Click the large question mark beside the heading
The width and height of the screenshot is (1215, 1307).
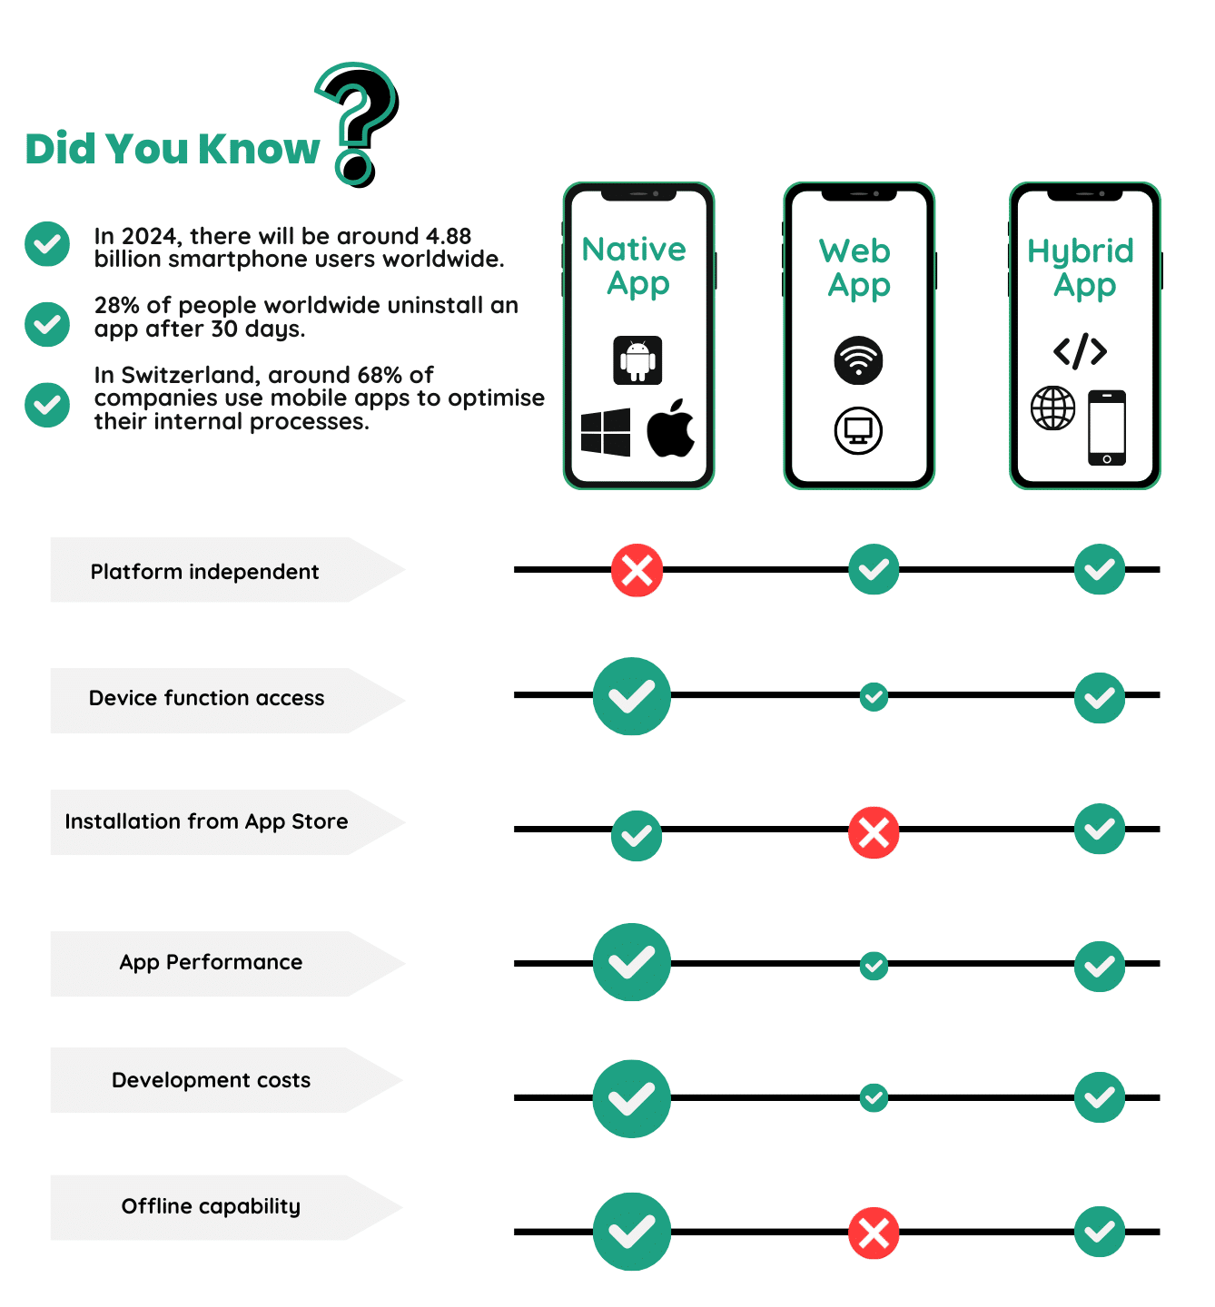(359, 123)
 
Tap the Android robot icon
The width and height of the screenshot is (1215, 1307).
(637, 360)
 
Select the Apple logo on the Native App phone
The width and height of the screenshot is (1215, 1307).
(671, 428)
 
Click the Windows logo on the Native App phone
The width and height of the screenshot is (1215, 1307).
(606, 431)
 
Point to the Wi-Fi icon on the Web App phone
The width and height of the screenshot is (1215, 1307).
(858, 360)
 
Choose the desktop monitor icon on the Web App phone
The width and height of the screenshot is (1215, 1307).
(858, 430)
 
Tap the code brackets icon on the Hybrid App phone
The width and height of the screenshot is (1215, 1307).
(1080, 351)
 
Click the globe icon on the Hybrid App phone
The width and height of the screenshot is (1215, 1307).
(1053, 408)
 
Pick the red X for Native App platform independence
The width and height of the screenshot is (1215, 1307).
(637, 571)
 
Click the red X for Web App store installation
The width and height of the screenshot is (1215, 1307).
(874, 832)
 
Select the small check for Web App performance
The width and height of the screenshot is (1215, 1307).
(874, 965)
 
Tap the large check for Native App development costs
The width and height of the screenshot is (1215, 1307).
(632, 1099)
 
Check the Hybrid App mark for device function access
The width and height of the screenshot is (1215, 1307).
(1100, 698)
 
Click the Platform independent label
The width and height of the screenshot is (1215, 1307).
(204, 572)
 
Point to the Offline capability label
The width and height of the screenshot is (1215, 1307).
(211, 1206)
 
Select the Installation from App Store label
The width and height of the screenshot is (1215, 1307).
(206, 821)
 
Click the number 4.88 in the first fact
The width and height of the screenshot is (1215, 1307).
(449, 236)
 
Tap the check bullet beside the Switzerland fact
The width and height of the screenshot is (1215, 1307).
(47, 405)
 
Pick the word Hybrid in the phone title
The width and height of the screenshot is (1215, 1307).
(1080, 251)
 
